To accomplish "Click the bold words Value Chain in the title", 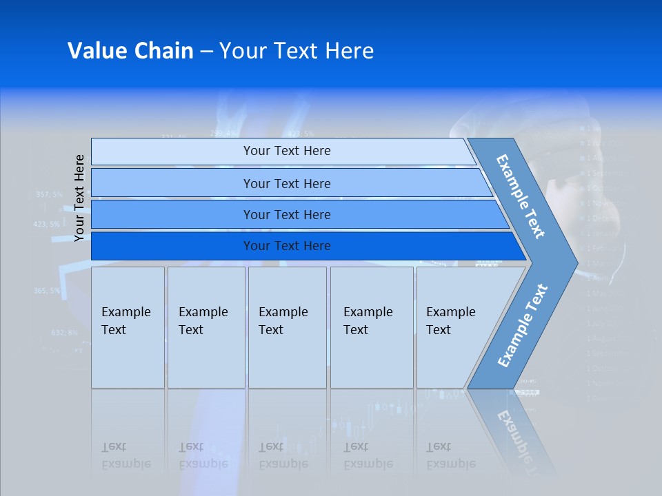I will click(130, 51).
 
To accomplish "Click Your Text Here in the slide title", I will click(297, 51).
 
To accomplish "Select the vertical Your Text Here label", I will click(79, 198).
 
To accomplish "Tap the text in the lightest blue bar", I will click(287, 151).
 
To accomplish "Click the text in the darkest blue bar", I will click(287, 246).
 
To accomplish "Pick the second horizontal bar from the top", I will click(287, 183).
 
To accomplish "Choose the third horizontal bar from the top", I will click(287, 215).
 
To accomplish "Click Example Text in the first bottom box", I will click(126, 321).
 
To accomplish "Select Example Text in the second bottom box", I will click(203, 321).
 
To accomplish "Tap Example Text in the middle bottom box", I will click(283, 321).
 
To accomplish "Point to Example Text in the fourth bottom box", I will click(368, 321).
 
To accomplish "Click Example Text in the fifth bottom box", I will click(450, 321).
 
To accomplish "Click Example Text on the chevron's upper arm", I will click(521, 196).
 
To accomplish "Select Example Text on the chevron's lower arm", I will click(522, 326).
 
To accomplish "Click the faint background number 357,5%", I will click(48, 194).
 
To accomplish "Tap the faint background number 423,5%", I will click(46, 224).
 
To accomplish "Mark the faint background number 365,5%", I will click(46, 291).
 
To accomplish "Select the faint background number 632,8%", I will click(64, 332).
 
